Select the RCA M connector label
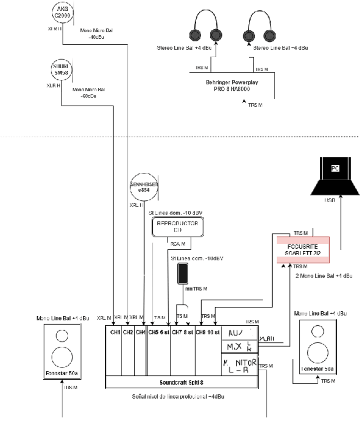[178, 243]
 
